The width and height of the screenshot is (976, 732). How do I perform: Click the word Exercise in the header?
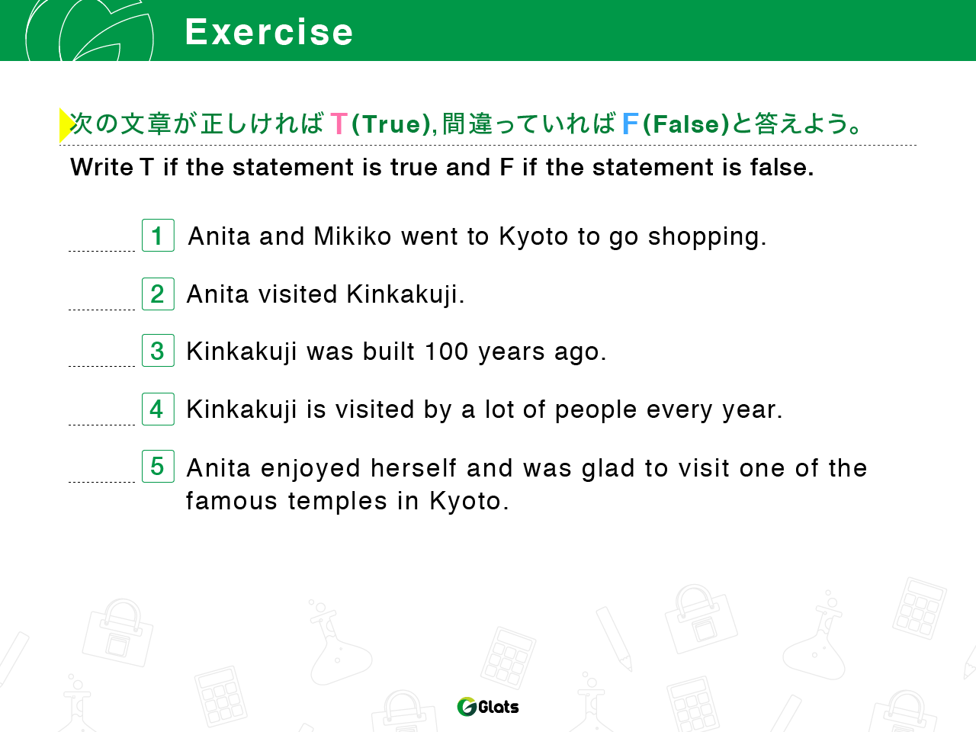[268, 32]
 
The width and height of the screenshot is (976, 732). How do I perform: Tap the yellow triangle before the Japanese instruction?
[66, 125]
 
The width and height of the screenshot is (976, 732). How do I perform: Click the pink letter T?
[339, 123]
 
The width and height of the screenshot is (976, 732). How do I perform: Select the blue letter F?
[631, 123]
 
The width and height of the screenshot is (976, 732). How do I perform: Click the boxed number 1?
[158, 235]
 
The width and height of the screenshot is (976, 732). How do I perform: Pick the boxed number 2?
[158, 294]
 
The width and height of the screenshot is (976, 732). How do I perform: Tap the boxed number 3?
[158, 350]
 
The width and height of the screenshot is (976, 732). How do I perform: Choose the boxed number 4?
[158, 409]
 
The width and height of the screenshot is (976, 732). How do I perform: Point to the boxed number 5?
[158, 466]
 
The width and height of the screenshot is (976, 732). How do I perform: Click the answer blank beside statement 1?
[102, 251]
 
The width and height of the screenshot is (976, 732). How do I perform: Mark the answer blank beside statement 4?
[102, 425]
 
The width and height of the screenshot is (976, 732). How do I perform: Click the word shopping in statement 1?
[707, 237]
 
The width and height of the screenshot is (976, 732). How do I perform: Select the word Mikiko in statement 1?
[352, 236]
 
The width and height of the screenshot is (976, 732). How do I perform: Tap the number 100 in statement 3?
[446, 351]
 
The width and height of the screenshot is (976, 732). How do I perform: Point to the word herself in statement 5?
[413, 468]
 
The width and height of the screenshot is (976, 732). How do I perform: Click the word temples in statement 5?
[338, 502]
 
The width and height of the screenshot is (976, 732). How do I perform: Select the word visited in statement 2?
[297, 294]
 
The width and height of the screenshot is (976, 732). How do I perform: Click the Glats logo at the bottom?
[488, 706]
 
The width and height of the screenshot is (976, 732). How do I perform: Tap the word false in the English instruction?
[782, 167]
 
